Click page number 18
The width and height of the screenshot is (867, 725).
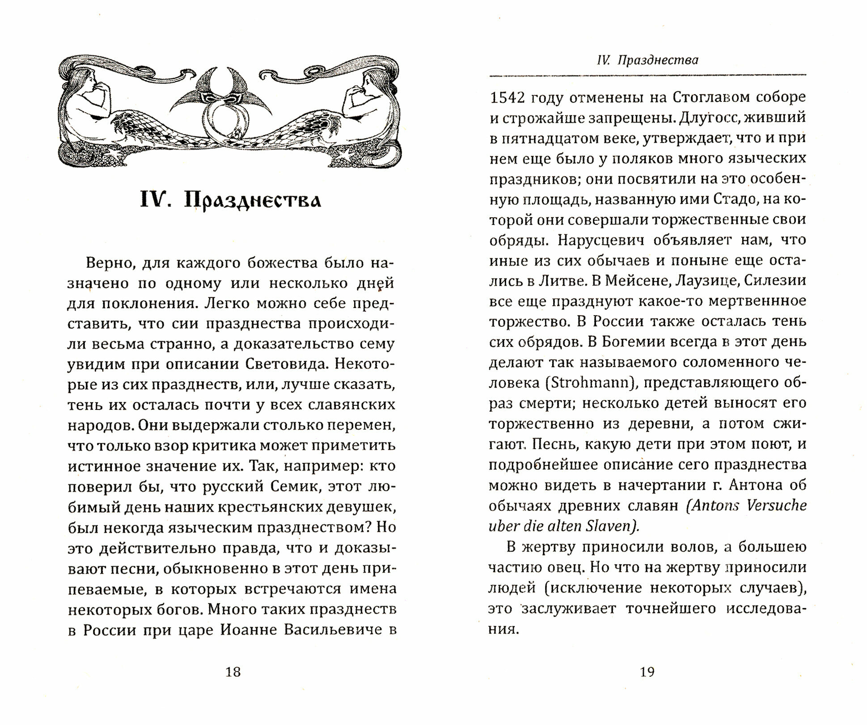(x=233, y=671)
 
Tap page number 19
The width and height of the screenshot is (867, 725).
(x=647, y=671)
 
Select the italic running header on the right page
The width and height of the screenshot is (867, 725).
(x=647, y=60)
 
